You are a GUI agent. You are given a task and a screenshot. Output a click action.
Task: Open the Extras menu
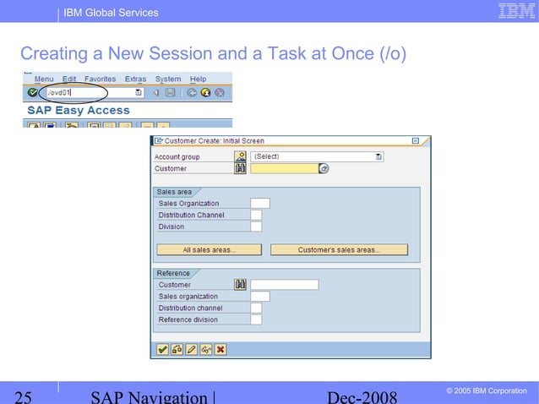click(x=135, y=79)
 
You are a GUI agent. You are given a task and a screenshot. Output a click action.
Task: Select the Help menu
click(x=197, y=79)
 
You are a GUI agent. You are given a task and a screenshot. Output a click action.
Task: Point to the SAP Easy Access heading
click(x=79, y=110)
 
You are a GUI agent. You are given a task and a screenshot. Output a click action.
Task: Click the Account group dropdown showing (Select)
click(x=317, y=156)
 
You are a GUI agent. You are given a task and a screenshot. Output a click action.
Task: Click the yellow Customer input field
click(x=283, y=168)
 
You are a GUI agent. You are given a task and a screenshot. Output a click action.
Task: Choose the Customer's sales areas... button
click(x=339, y=250)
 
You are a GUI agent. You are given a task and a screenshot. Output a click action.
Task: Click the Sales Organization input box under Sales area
click(x=260, y=203)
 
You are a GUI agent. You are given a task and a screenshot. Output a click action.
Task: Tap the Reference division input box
click(x=256, y=319)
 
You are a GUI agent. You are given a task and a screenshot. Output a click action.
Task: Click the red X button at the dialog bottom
click(x=220, y=348)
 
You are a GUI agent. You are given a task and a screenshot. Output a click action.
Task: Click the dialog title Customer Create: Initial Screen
click(x=214, y=141)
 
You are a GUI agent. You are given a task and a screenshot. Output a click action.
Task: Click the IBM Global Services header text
click(x=112, y=13)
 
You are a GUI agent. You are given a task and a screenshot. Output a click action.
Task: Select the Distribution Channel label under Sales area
click(x=192, y=215)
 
